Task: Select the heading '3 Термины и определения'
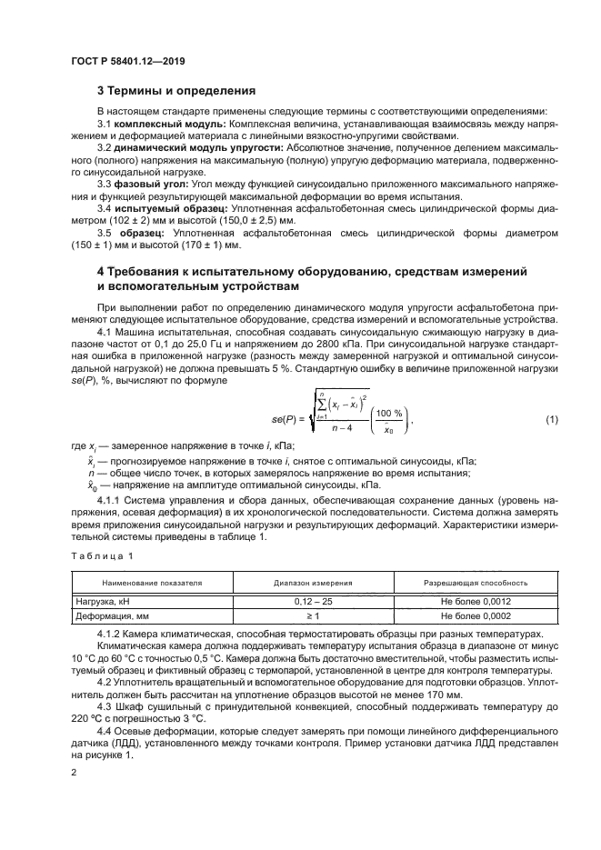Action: click(175, 91)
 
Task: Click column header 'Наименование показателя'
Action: click(152, 582)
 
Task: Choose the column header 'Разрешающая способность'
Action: click(470, 582)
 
